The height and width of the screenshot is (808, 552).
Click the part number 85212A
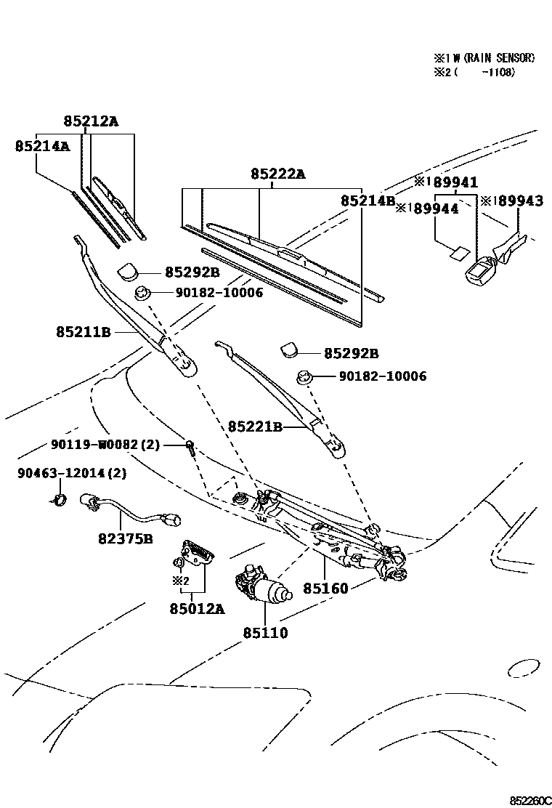pyautogui.click(x=90, y=121)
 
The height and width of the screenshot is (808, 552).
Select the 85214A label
pyautogui.click(x=42, y=146)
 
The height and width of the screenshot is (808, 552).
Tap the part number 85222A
pyautogui.click(x=278, y=174)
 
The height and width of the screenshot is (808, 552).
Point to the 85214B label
pyautogui.click(x=368, y=201)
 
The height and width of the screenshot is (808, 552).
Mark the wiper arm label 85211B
pyautogui.click(x=83, y=332)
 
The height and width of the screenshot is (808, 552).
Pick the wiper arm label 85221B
pyautogui.click(x=255, y=427)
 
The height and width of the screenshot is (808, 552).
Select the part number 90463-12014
pyautogui.click(x=62, y=473)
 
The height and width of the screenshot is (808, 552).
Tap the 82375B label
pyautogui.click(x=126, y=538)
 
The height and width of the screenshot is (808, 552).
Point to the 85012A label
pyautogui.click(x=198, y=608)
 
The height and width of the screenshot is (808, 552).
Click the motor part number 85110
pyautogui.click(x=265, y=633)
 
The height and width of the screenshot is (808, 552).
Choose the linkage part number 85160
pyautogui.click(x=325, y=587)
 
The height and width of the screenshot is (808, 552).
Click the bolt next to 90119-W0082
pyautogui.click(x=190, y=446)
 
